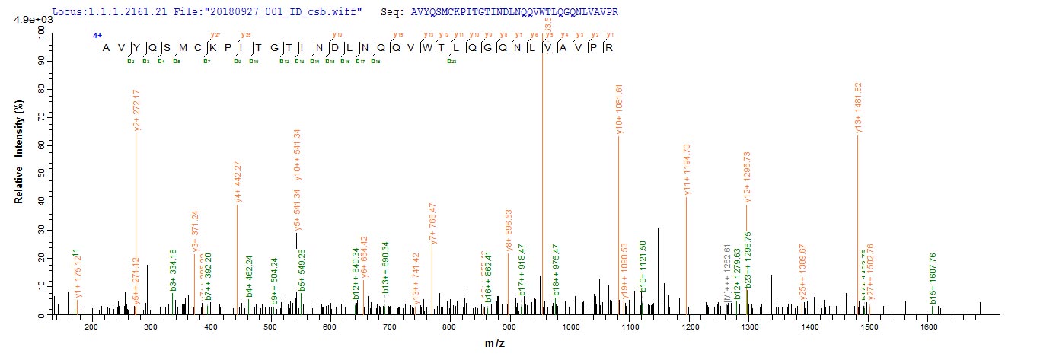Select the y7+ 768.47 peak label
click(432, 223)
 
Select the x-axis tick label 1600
click(928, 328)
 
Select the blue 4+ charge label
click(97, 36)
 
